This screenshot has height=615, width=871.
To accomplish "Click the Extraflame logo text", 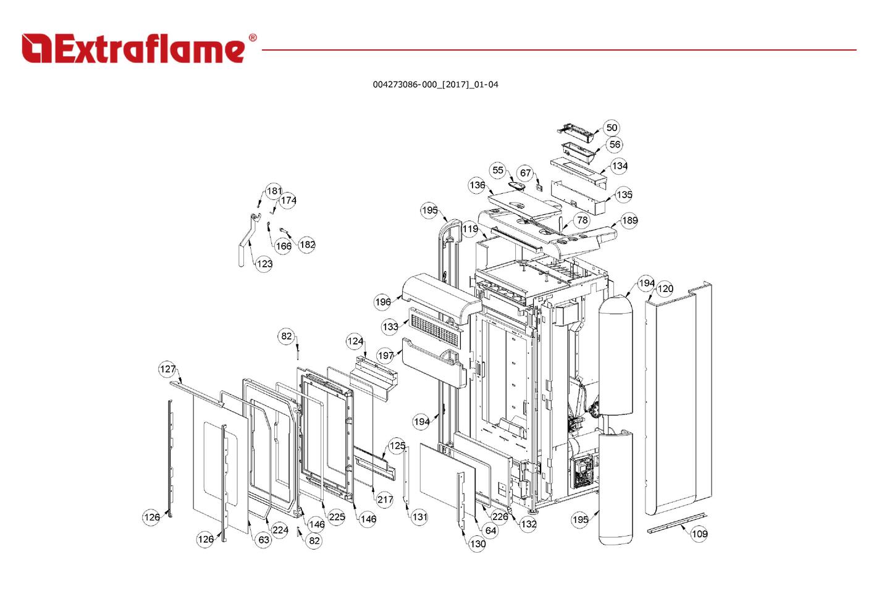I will [x=133, y=49].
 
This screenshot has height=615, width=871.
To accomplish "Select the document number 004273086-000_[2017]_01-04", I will [x=435, y=85].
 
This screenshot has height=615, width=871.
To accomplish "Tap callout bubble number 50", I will [x=611, y=128].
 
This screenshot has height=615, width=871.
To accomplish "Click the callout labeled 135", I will [x=624, y=195].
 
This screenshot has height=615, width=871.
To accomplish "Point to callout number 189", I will [x=629, y=220].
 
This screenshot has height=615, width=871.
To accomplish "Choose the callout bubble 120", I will [x=665, y=288].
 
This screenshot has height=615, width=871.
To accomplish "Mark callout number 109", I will [x=699, y=534].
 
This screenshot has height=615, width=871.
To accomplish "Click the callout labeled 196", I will [x=383, y=302].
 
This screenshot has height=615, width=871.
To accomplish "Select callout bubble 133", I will [x=390, y=327].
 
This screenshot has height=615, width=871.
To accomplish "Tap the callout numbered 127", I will [x=168, y=369].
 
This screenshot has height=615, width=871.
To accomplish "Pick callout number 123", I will [x=264, y=264].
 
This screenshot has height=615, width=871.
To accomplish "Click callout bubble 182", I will [x=307, y=245].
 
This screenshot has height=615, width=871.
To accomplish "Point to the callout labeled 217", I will [x=385, y=500].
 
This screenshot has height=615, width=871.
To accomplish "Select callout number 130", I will [x=478, y=544].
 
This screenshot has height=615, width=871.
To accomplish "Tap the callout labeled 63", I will [x=264, y=540].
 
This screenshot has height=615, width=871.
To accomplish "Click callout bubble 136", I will [x=477, y=185].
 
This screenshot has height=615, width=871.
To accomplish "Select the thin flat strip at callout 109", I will [x=676, y=523].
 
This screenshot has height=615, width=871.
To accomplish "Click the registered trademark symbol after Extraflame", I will [x=253, y=38].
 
